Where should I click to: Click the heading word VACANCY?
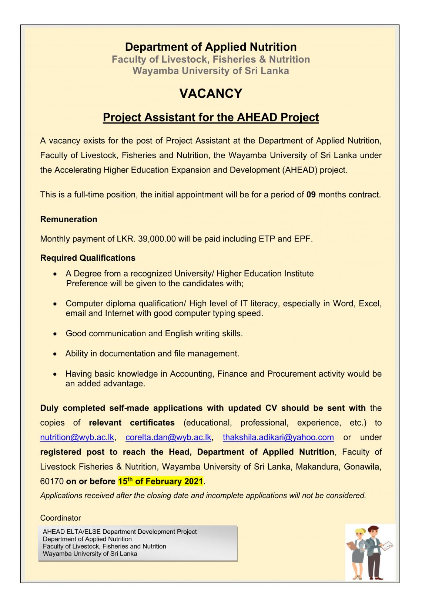coord(211,94)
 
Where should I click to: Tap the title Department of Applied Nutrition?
coord(211,47)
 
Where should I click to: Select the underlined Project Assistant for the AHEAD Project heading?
coord(211,117)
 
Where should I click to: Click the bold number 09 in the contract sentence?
coord(311,195)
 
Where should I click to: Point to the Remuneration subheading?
coord(68,219)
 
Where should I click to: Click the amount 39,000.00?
coord(157,239)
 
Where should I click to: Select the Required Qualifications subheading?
coord(88,258)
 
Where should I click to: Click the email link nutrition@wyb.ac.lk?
coord(77,437)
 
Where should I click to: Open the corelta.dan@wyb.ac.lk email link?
coord(168,437)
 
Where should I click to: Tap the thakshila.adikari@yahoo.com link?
coord(278,437)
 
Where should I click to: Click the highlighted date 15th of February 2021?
coord(160,481)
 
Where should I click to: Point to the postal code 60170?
coord(52,481)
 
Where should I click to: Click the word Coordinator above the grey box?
coord(60,518)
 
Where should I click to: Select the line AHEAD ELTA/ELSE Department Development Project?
coord(120,532)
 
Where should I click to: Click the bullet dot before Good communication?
coord(55,334)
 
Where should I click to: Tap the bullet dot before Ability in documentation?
coord(55,354)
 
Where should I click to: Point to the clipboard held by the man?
coord(387,546)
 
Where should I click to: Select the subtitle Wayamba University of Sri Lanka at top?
coord(211,71)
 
